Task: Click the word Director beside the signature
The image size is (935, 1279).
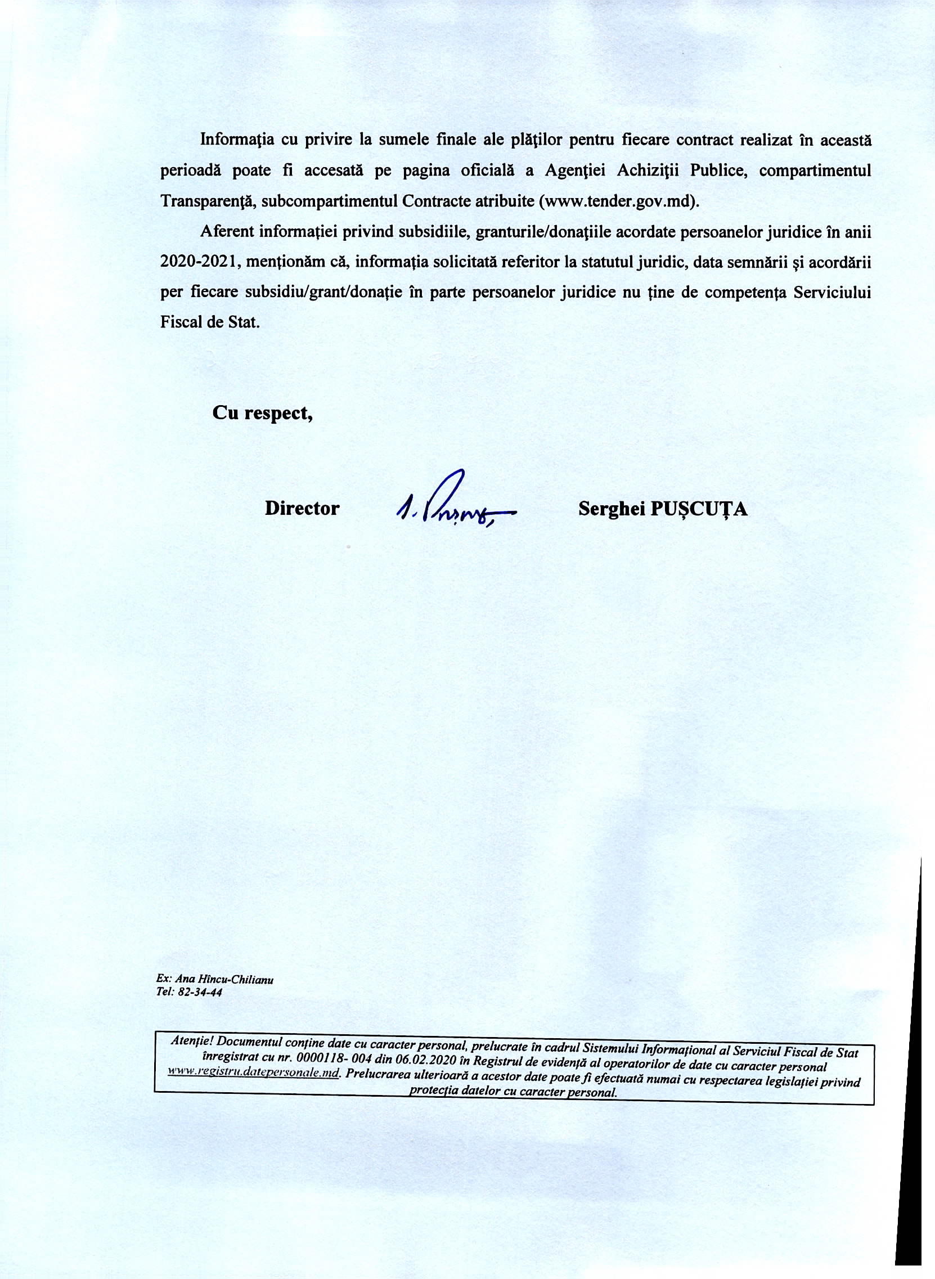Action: (302, 508)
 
